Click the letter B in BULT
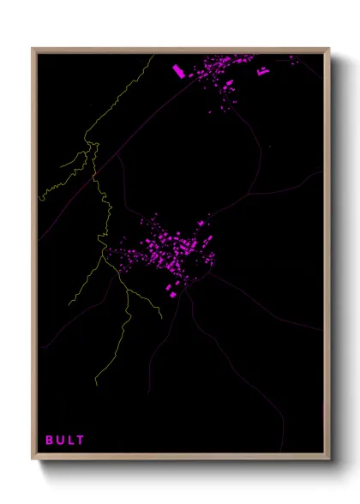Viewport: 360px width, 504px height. coord(50,440)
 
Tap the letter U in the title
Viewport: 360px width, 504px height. coord(60,440)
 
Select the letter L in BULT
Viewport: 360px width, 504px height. coord(70,440)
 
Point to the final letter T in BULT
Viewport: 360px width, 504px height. coord(81,440)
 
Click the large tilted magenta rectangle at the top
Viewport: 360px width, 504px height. coord(179,70)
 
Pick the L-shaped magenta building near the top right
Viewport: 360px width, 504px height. coord(261,73)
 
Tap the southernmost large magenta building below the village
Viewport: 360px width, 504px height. coord(171,294)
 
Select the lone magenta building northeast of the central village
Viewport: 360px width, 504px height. coord(202,223)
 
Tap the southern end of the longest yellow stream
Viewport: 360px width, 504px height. coord(95,385)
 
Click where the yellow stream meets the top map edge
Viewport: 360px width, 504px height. coord(153,56)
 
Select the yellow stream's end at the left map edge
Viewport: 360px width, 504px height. coord(39,199)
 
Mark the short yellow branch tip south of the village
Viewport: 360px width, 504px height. coord(160,318)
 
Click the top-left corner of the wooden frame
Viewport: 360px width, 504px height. coord(33,49)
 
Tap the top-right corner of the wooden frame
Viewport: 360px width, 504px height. coord(330,49)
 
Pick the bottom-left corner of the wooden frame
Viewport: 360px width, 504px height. coord(33,460)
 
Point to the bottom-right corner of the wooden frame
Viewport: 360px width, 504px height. coord(330,460)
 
